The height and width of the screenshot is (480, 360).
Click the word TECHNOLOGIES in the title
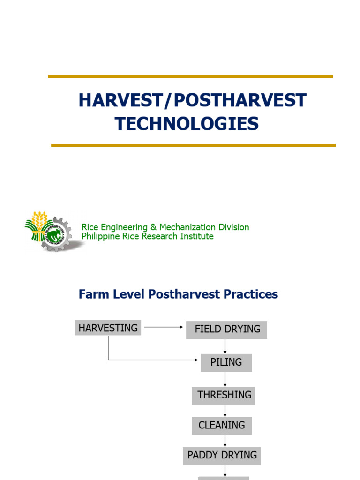pos(187,124)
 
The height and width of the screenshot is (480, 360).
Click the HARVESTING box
pos(108,328)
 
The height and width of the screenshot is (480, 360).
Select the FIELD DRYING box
pos(227,330)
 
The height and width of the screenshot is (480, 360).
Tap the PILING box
pos(226,362)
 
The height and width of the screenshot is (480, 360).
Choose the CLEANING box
pos(222,426)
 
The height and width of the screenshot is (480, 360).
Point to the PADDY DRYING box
pos(222,455)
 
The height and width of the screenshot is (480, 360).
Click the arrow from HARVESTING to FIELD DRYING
pos(163,327)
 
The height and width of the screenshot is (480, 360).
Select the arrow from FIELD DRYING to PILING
pos(225,346)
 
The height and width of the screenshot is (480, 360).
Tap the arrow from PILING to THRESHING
pos(225,379)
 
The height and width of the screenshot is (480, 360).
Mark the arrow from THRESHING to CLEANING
pos(225,411)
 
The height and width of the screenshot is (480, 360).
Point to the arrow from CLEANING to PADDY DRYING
pos(225,441)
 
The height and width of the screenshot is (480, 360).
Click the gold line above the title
pos(190,76)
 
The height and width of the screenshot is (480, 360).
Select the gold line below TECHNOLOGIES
pos(193,145)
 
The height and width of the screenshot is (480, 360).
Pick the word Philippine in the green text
pos(101,237)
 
